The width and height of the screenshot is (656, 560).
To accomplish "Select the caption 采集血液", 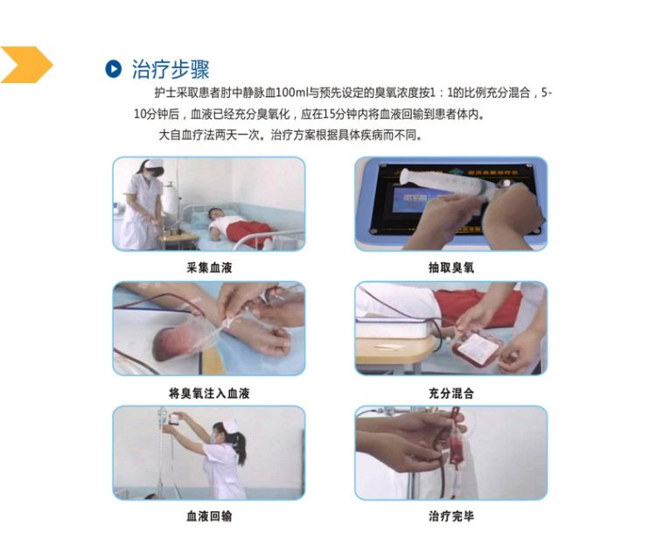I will point(209,267).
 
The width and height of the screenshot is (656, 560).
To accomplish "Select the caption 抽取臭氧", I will point(451,267).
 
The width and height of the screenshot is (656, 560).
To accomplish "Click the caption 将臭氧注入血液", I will point(209,393).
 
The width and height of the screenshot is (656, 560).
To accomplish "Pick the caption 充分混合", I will point(451,393).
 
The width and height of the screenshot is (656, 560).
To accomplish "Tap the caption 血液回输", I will point(209,516).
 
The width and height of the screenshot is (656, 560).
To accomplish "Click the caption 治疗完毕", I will point(451,516).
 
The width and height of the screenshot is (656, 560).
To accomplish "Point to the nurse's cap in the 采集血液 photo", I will point(153,164).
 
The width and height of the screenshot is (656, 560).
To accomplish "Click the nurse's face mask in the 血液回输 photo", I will point(216,434).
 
